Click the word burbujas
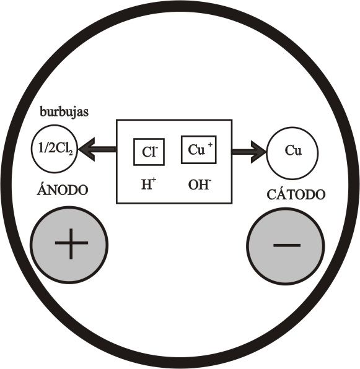click(64, 113)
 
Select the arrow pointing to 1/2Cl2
click(97, 149)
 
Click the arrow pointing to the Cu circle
click(249, 152)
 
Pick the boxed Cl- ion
click(149, 152)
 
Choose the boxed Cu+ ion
click(199, 150)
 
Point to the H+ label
click(149, 184)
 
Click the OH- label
click(199, 184)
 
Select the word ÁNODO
click(63, 189)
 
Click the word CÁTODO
click(296, 194)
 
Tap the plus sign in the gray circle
click(71, 243)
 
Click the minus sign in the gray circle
click(287, 245)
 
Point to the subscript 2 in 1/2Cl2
click(71, 153)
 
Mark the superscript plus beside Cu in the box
click(210, 145)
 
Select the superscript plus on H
click(154, 180)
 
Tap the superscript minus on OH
click(209, 181)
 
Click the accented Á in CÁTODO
click(281, 194)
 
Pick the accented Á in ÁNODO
click(42, 189)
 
